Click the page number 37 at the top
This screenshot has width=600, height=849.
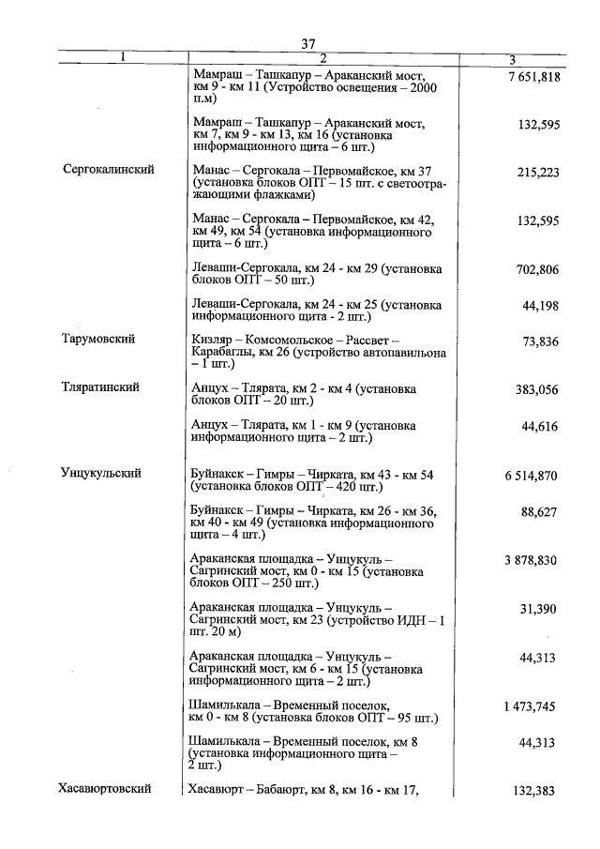pyautogui.click(x=309, y=43)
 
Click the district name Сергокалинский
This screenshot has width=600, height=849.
pyautogui.click(x=109, y=170)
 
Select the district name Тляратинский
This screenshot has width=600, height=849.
pyautogui.click(x=101, y=387)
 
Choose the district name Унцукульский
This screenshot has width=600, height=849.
pyautogui.click(x=100, y=474)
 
